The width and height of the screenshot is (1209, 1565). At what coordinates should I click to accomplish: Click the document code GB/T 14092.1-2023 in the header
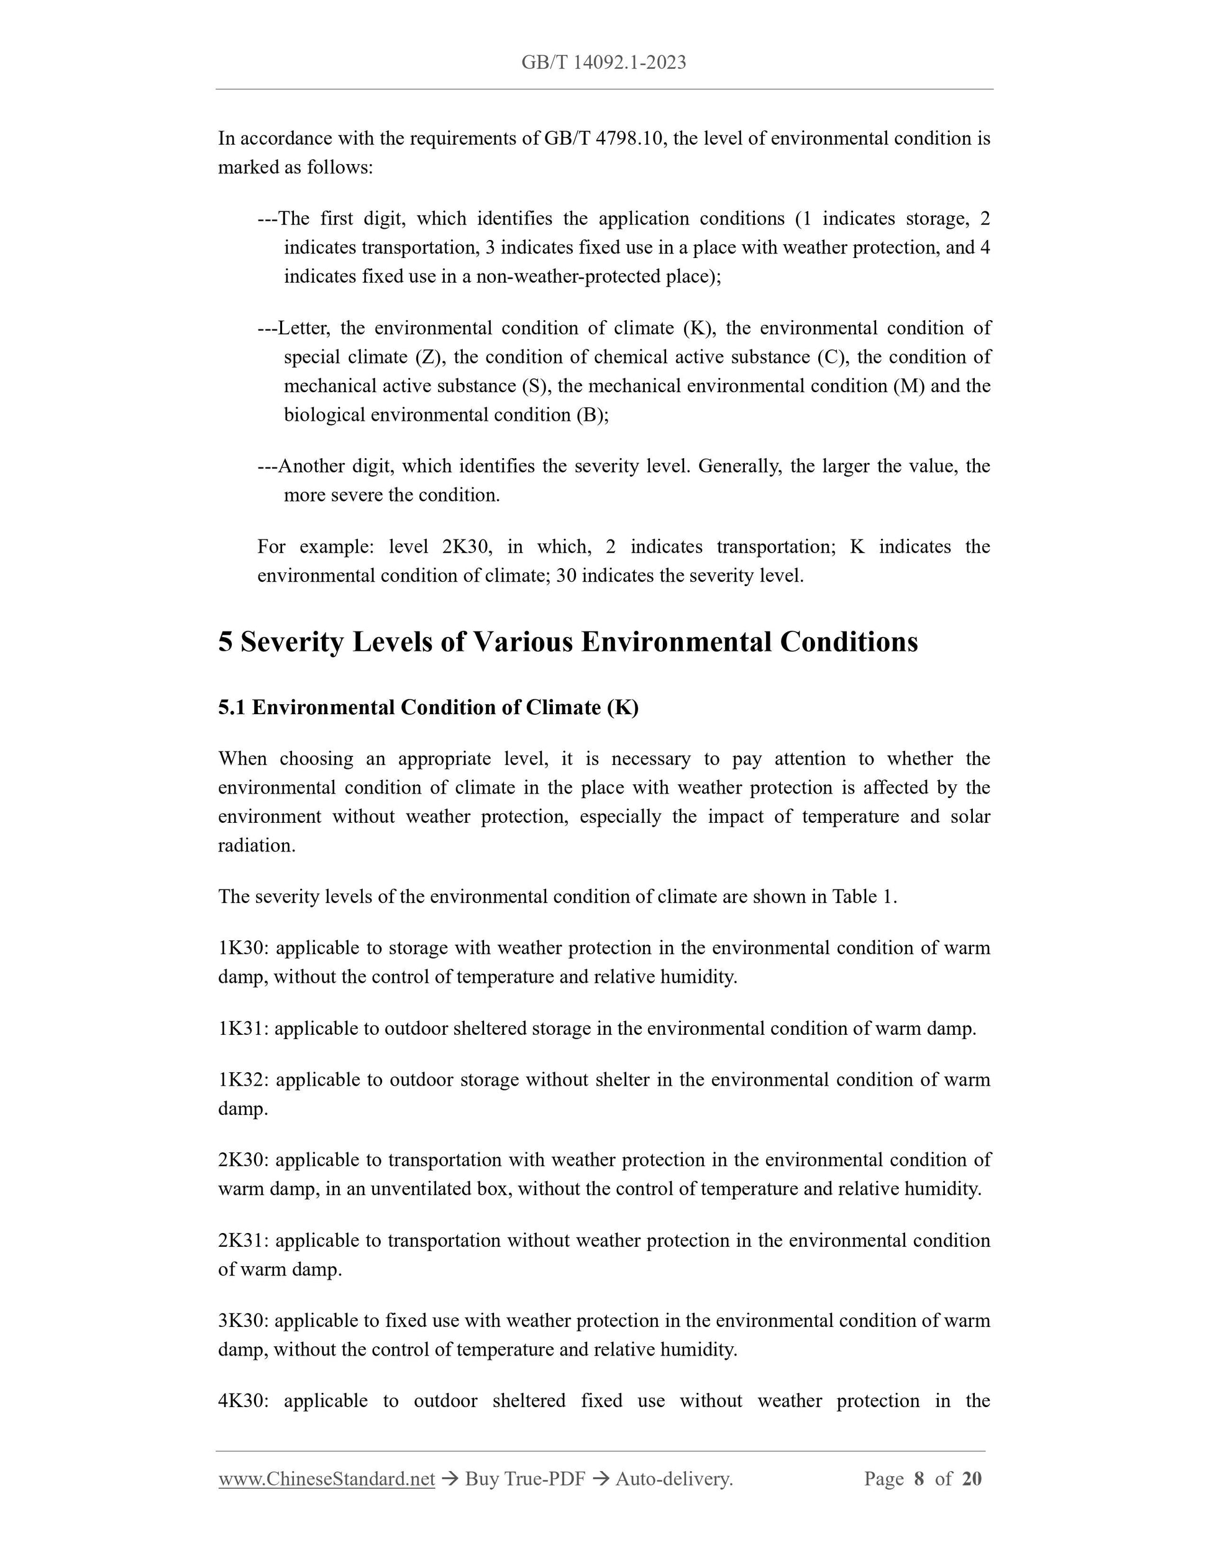(603, 63)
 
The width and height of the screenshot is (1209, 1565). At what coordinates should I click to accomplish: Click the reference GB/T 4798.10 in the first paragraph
(604, 139)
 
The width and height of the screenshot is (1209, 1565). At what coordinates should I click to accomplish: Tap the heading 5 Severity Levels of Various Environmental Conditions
(567, 642)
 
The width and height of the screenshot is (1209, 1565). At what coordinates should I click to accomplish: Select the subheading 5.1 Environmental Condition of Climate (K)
(428, 708)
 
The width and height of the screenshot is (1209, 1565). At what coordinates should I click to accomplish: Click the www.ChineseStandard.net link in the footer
(327, 1478)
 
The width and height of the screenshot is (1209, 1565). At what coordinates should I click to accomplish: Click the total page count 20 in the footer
(971, 1478)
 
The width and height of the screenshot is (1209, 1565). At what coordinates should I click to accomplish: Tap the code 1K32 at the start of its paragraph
(242, 1080)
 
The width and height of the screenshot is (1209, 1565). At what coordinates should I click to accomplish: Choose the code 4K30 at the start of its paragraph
(242, 1401)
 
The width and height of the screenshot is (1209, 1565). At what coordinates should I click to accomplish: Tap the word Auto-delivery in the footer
(673, 1478)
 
